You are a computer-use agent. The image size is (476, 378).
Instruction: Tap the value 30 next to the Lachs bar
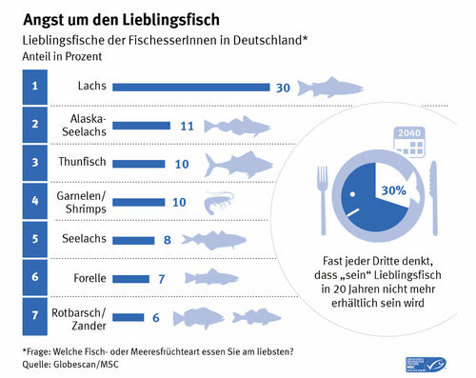pyautogui.click(x=282, y=88)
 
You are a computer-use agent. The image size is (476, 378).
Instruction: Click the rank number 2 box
pyautogui.click(x=35, y=125)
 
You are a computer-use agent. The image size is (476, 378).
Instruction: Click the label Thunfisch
pyautogui.click(x=84, y=163)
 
